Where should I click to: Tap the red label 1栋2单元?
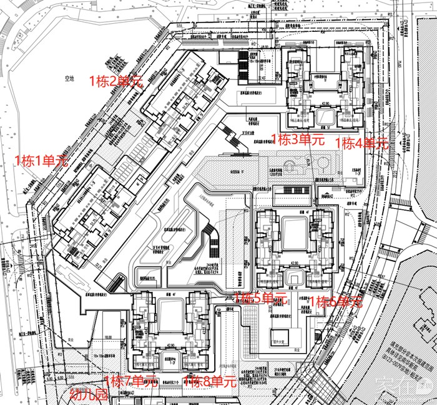coord(117,81)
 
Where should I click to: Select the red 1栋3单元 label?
coord(298,139)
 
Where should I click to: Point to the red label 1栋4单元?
coord(361,143)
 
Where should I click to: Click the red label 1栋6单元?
coord(336,302)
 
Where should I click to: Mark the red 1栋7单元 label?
coord(130,381)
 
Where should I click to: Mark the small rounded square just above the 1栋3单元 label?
coord(325,116)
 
